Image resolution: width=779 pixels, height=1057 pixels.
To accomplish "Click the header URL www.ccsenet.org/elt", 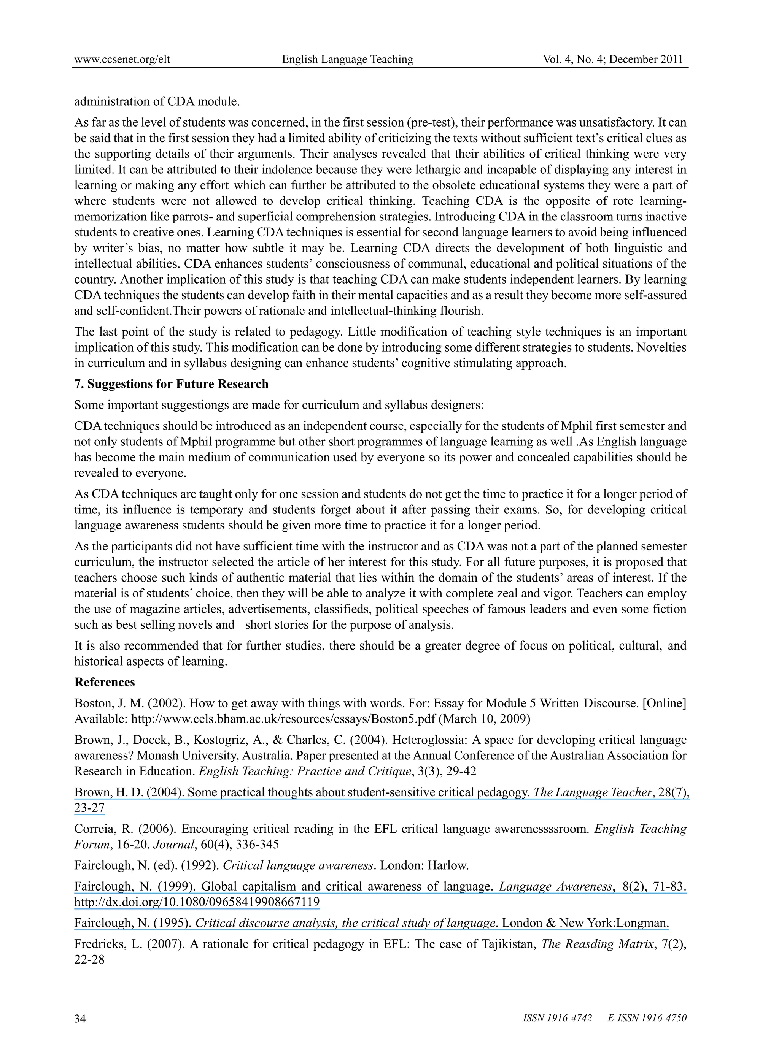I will (122, 59).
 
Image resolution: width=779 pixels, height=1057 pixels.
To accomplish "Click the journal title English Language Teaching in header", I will (348, 59).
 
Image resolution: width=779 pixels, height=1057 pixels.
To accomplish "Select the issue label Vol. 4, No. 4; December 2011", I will (613, 59).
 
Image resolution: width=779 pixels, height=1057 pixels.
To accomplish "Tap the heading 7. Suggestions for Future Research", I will (171, 384).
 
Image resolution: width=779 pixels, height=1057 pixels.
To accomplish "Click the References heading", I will (104, 682).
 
